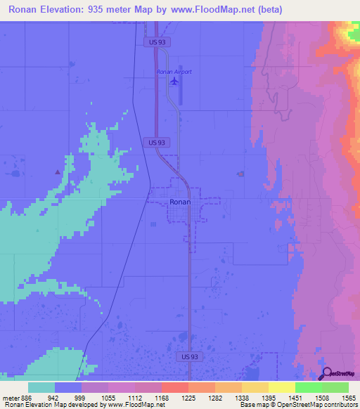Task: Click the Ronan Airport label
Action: click(174, 72)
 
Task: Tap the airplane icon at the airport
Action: click(174, 82)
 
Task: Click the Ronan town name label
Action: click(180, 202)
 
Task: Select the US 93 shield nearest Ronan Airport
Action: click(157, 42)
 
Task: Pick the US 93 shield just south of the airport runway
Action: click(157, 142)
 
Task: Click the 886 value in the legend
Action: click(27, 398)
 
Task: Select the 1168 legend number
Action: click(161, 398)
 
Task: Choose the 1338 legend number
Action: click(241, 398)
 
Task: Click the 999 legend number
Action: click(81, 398)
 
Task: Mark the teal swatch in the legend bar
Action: click(41, 387)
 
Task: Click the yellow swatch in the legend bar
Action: click(282, 387)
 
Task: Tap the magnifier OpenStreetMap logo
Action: click(327, 373)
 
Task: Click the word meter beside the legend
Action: click(10, 398)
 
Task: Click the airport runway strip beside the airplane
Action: click(181, 87)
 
